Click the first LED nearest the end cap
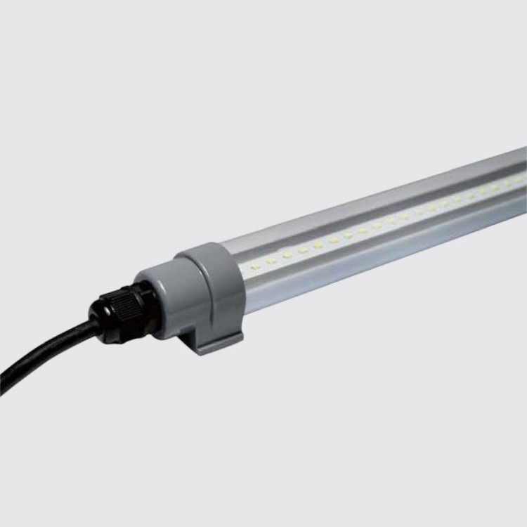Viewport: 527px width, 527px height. pos(254,266)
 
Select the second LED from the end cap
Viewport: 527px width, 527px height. pos(271,261)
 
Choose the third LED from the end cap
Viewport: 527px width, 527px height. pos(287,255)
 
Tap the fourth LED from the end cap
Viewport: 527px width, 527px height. pos(303,249)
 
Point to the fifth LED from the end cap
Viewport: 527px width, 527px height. pos(318,245)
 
